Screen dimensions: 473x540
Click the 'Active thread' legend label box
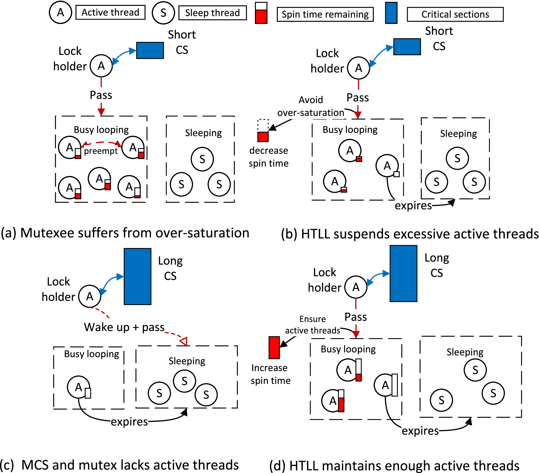[x=110, y=13]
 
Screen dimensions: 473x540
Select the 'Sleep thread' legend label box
[x=212, y=13]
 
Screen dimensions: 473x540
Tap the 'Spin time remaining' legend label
[x=325, y=14]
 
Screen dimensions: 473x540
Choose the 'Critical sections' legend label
[x=455, y=14]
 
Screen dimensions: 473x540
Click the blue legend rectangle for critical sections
[x=391, y=13]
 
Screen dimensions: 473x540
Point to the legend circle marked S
[x=163, y=13]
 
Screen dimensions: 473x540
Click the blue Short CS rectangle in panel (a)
[x=150, y=50]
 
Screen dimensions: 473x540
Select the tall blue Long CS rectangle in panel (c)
[x=138, y=276]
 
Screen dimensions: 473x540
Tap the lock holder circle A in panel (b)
[x=358, y=68]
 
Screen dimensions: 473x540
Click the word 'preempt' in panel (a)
[x=101, y=151]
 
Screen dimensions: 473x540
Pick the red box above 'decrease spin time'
[x=263, y=136]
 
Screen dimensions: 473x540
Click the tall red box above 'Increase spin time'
[x=274, y=347]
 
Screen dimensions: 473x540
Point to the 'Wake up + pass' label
[x=124, y=327]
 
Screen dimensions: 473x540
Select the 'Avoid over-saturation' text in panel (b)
[x=311, y=106]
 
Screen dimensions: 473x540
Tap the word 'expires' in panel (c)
[x=129, y=422]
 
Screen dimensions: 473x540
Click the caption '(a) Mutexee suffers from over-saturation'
[x=125, y=233]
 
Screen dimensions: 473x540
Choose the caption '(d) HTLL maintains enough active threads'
[x=394, y=466]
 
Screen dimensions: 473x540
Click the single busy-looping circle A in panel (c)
[x=78, y=387]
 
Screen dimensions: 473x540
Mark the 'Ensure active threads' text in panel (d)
[x=313, y=325]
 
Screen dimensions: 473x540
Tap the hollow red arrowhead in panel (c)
[x=184, y=341]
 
